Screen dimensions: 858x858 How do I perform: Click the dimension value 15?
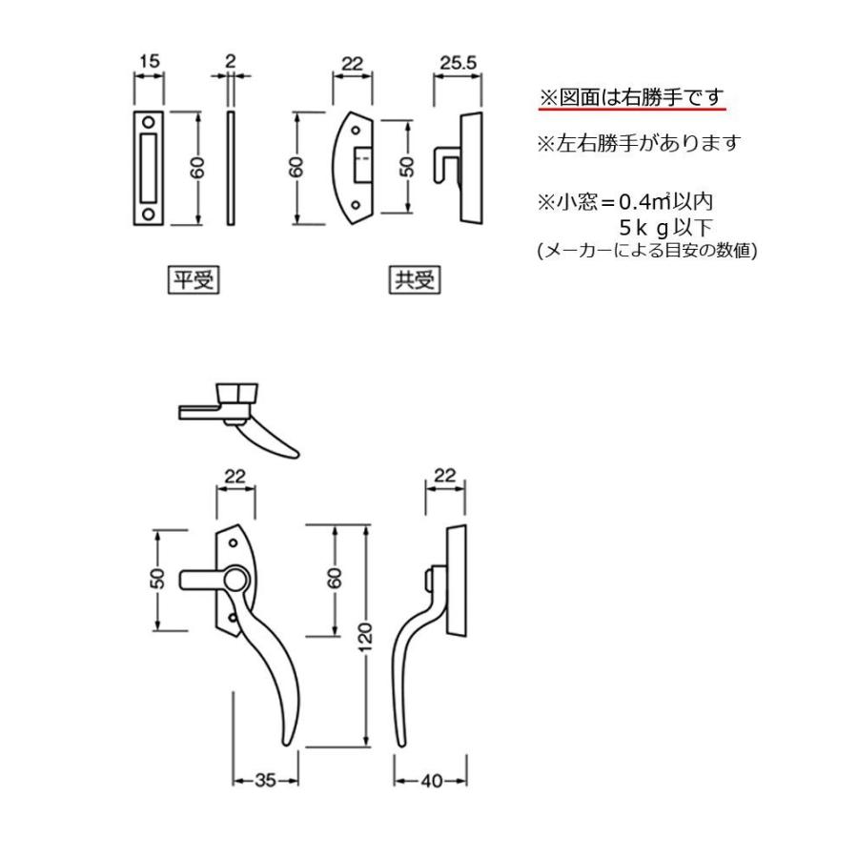pos(148,62)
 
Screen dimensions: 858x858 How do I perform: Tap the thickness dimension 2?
pos(230,62)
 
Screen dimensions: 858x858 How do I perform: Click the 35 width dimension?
pos(265,780)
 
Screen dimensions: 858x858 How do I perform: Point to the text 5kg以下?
pos(665,228)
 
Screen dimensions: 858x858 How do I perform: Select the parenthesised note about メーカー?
pos(647,251)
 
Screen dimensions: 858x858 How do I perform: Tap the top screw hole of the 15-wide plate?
pos(150,122)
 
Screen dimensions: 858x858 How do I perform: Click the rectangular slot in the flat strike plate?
pos(150,167)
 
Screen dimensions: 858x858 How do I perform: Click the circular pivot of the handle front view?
pos(235,578)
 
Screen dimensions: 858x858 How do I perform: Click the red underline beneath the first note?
pos(632,110)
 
